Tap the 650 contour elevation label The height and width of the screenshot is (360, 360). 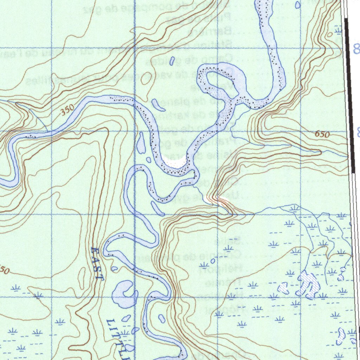pos(322,134)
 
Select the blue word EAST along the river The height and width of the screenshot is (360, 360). pos(97,264)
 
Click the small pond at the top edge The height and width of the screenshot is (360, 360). pos(298,5)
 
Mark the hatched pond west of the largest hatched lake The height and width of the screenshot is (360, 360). pos(283,288)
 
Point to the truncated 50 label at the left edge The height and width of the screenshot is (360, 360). pos(4,270)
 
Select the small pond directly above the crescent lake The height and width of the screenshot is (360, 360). pos(115,269)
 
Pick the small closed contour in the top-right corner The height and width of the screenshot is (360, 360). pos(329,35)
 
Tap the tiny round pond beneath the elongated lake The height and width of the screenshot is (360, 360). pos(148,160)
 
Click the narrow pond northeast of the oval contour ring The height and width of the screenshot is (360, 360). pos(172,61)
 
